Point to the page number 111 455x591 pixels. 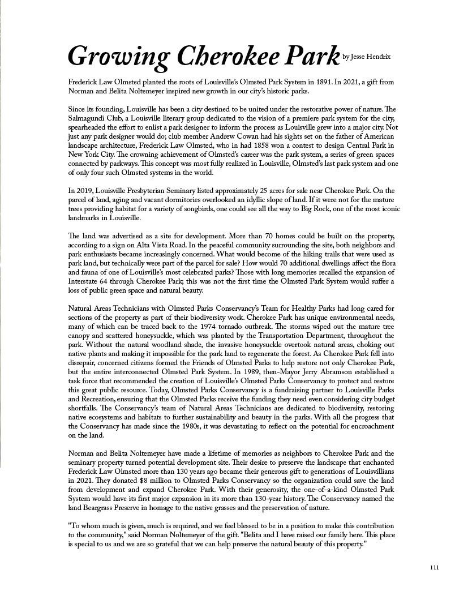(x=434, y=567)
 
